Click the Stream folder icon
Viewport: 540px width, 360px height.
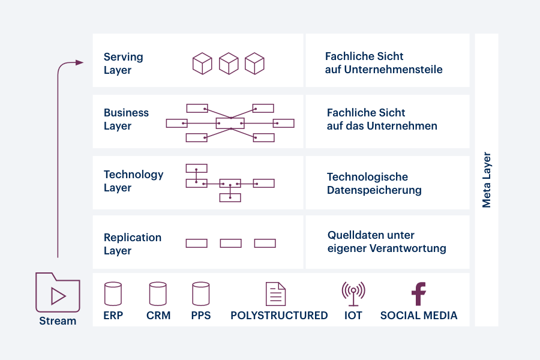click(58, 292)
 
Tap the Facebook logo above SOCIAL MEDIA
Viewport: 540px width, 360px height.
click(419, 294)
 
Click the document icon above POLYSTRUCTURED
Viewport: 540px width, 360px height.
click(276, 293)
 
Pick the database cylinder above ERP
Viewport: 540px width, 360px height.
click(113, 294)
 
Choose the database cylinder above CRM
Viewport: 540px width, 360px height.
click(158, 294)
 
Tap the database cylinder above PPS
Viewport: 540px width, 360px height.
click(201, 294)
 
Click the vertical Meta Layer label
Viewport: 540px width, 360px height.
click(487, 180)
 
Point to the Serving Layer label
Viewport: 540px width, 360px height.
click(124, 64)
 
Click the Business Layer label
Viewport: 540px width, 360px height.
click(126, 119)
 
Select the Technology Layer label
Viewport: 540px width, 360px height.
click(133, 181)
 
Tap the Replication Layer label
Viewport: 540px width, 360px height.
click(132, 244)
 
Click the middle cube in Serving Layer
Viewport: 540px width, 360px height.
click(229, 64)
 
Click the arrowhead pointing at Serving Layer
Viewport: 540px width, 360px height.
click(79, 62)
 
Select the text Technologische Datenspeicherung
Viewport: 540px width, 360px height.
click(374, 184)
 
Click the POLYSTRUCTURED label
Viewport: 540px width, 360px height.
click(279, 316)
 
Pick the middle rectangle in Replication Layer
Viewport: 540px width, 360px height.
click(230, 243)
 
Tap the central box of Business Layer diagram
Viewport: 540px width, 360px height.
click(230, 123)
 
